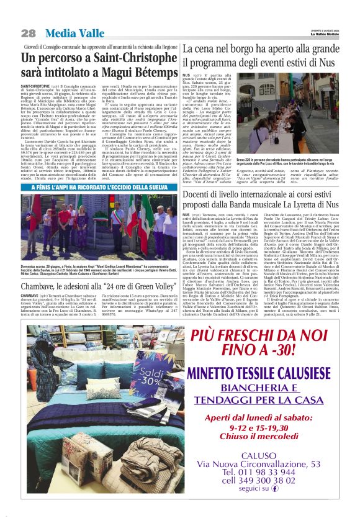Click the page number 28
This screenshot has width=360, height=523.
pyautogui.click(x=29, y=33)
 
